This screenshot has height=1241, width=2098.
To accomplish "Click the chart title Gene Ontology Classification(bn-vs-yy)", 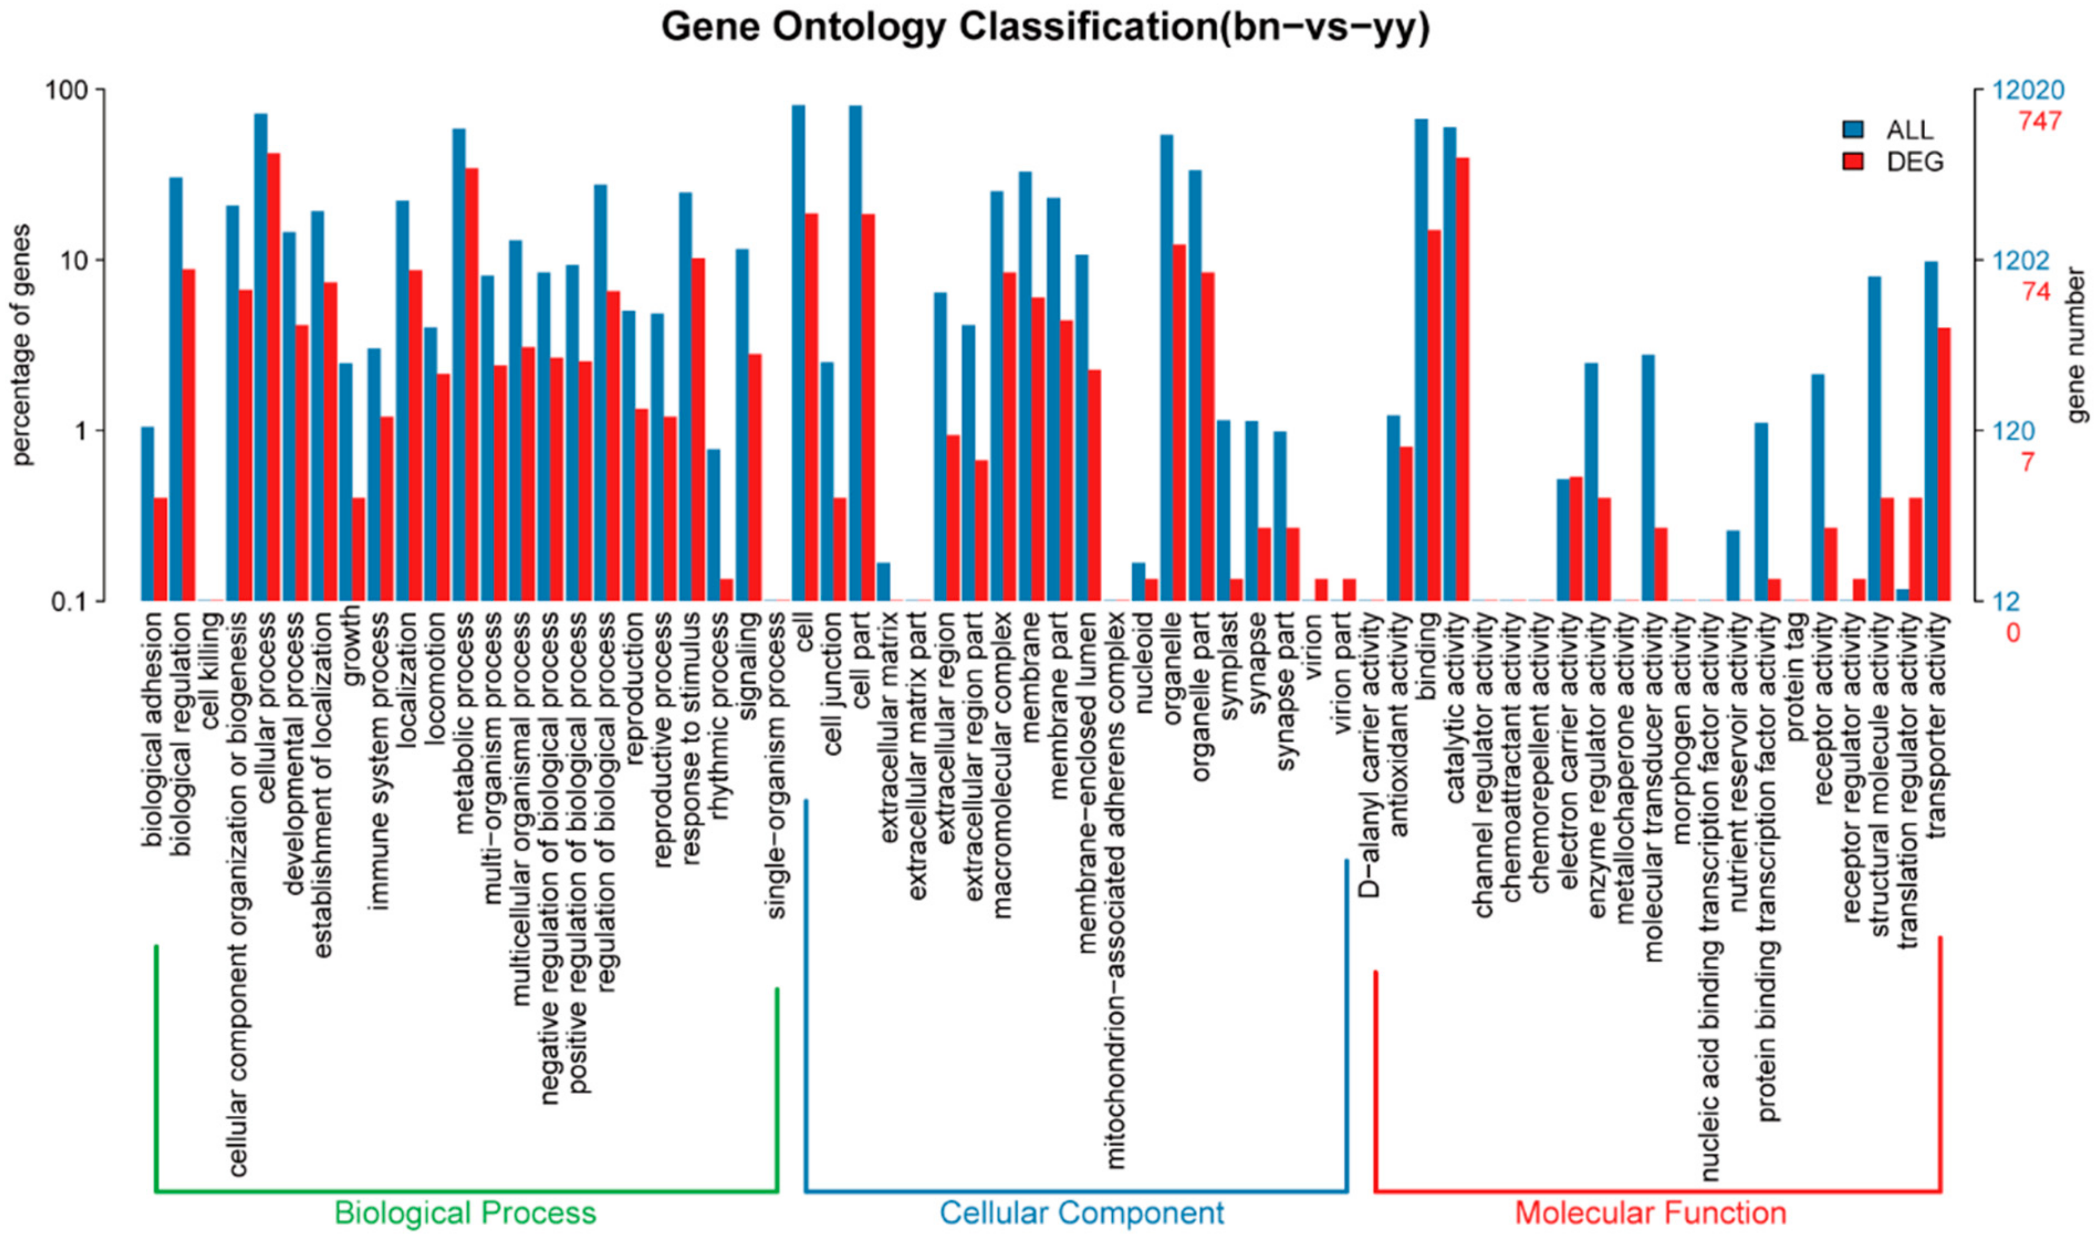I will [x=1045, y=27].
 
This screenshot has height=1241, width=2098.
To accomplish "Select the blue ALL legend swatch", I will [x=1853, y=129].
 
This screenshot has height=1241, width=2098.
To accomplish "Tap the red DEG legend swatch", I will [x=1853, y=162].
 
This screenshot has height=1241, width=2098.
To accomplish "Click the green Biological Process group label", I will [x=465, y=1212].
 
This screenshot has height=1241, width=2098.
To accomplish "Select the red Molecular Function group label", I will [x=1650, y=1212].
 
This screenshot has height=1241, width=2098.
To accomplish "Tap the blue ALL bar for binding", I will [x=1421, y=360].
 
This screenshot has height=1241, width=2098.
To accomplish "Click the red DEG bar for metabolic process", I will [x=471, y=384].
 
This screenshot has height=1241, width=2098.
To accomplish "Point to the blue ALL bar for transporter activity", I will [x=1931, y=431].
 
